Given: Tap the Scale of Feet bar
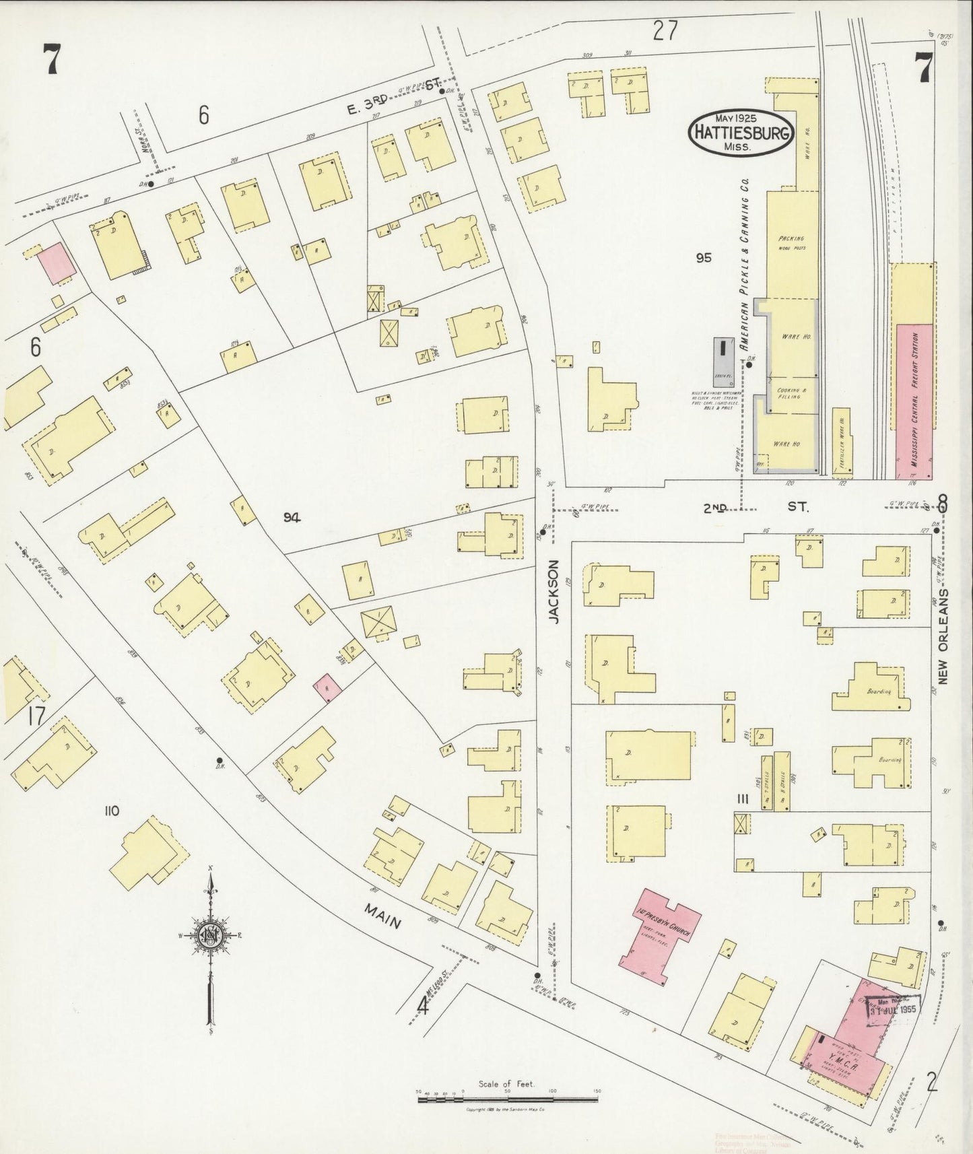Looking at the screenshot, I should [x=508, y=1099].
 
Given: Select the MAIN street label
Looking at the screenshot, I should [x=383, y=916].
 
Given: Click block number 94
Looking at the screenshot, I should [x=292, y=516].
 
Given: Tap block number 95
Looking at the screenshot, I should [x=704, y=257].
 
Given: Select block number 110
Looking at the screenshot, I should [x=112, y=811].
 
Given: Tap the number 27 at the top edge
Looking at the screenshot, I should [x=664, y=30].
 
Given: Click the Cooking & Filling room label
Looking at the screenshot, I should [x=789, y=393].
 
